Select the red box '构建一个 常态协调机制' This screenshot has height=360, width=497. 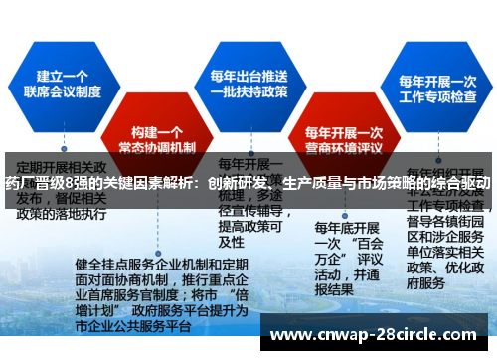[x=158, y=138]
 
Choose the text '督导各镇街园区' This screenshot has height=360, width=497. [x=441, y=221]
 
